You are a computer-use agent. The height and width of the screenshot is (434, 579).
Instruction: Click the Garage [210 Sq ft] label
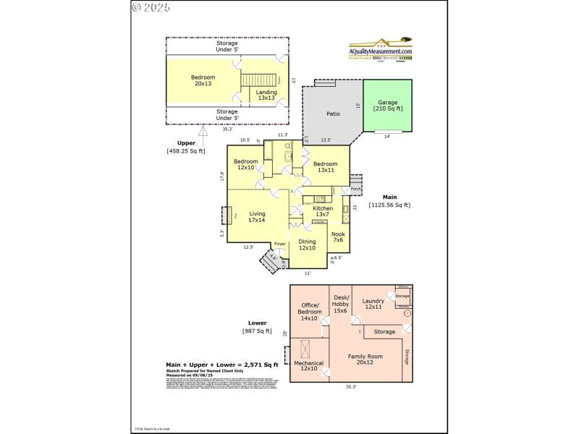388,105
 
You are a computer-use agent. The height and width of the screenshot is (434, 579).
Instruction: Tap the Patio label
333,114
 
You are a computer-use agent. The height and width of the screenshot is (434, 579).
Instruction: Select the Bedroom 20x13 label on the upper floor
203,80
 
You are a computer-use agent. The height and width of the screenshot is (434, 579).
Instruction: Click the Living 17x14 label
257,217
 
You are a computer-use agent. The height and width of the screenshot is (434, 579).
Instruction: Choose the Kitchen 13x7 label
323,211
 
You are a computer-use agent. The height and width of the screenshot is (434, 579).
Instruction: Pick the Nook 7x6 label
338,237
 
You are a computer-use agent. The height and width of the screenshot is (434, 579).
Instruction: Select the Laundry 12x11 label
373,304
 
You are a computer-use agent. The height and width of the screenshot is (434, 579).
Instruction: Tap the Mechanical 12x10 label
308,366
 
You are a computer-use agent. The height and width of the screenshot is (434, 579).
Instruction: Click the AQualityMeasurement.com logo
381,51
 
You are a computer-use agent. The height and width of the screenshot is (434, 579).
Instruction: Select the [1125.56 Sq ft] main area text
389,205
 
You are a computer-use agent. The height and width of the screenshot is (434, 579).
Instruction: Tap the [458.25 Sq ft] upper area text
186,151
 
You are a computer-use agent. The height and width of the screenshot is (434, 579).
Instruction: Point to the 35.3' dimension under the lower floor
350,388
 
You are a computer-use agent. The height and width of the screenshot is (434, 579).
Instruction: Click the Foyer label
279,244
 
